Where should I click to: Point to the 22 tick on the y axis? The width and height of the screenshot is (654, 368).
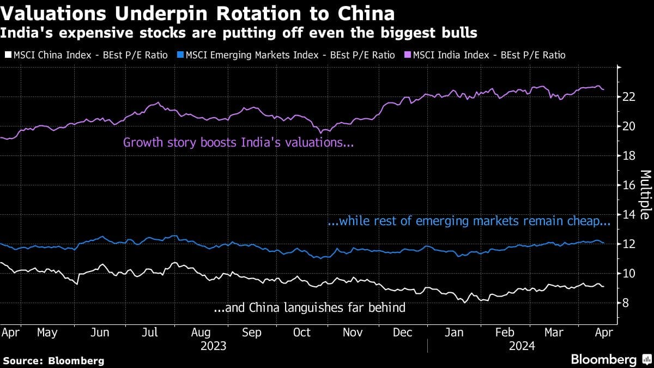pyautogui.click(x=628, y=96)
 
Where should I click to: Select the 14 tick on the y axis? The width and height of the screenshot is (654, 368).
pyautogui.click(x=628, y=214)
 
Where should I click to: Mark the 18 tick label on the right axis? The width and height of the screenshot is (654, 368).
pyautogui.click(x=628, y=155)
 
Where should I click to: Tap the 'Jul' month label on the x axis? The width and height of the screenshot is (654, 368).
pyautogui.click(x=150, y=332)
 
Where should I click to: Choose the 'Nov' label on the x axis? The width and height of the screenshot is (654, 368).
pyautogui.click(x=353, y=332)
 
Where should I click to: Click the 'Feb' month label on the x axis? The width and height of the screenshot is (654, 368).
pyautogui.click(x=504, y=332)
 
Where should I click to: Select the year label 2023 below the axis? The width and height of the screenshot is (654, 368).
pyautogui.click(x=214, y=346)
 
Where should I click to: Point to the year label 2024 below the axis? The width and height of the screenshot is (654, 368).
pyautogui.click(x=522, y=346)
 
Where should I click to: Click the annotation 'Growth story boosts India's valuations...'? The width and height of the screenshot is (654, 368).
pyautogui.click(x=239, y=143)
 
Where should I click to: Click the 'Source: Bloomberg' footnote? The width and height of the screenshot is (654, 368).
pyautogui.click(x=53, y=360)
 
